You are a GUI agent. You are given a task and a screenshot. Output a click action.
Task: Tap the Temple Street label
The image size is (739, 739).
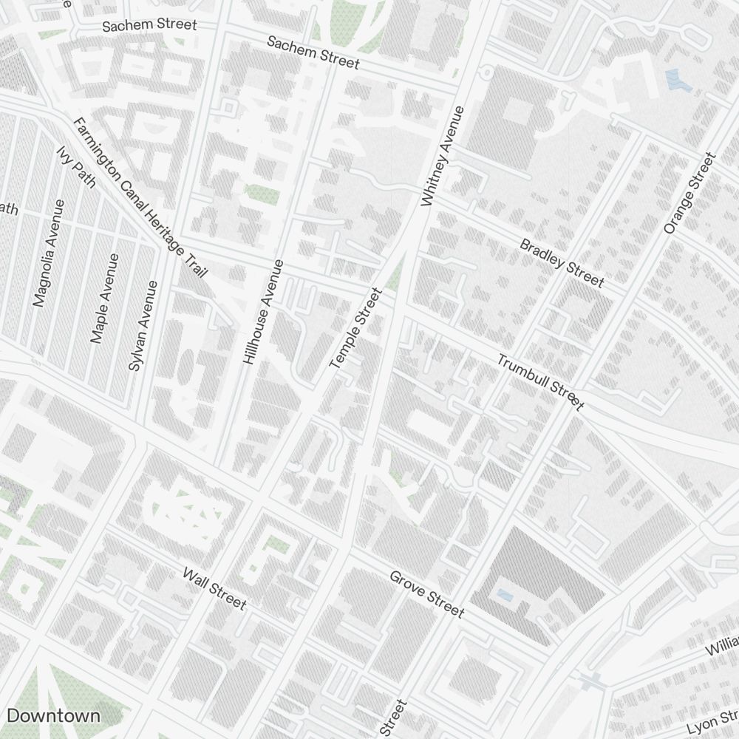[355, 330]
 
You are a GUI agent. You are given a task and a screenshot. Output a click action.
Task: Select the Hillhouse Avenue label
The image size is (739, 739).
[262, 311]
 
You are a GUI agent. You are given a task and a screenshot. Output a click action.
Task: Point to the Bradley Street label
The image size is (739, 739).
[562, 262]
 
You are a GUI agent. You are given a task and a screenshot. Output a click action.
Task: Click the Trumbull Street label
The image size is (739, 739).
[540, 382]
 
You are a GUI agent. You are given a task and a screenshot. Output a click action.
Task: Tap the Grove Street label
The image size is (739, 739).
[427, 594]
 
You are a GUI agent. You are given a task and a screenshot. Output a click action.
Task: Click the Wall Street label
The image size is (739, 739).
[214, 588]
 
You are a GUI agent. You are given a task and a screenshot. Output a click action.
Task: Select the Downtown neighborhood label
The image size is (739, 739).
[53, 715]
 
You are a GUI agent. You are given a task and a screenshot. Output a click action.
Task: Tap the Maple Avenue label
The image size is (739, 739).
[104, 299]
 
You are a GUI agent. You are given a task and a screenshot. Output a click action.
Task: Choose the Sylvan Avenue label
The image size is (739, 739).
[143, 325]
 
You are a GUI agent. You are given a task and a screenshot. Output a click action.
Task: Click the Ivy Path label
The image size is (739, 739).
[76, 166]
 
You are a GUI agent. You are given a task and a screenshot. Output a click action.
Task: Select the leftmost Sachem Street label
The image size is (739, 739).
[149, 25]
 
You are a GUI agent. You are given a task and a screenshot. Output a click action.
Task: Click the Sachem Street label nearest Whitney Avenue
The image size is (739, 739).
[313, 52]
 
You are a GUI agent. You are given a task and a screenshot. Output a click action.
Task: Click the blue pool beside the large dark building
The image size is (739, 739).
[505, 594]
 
